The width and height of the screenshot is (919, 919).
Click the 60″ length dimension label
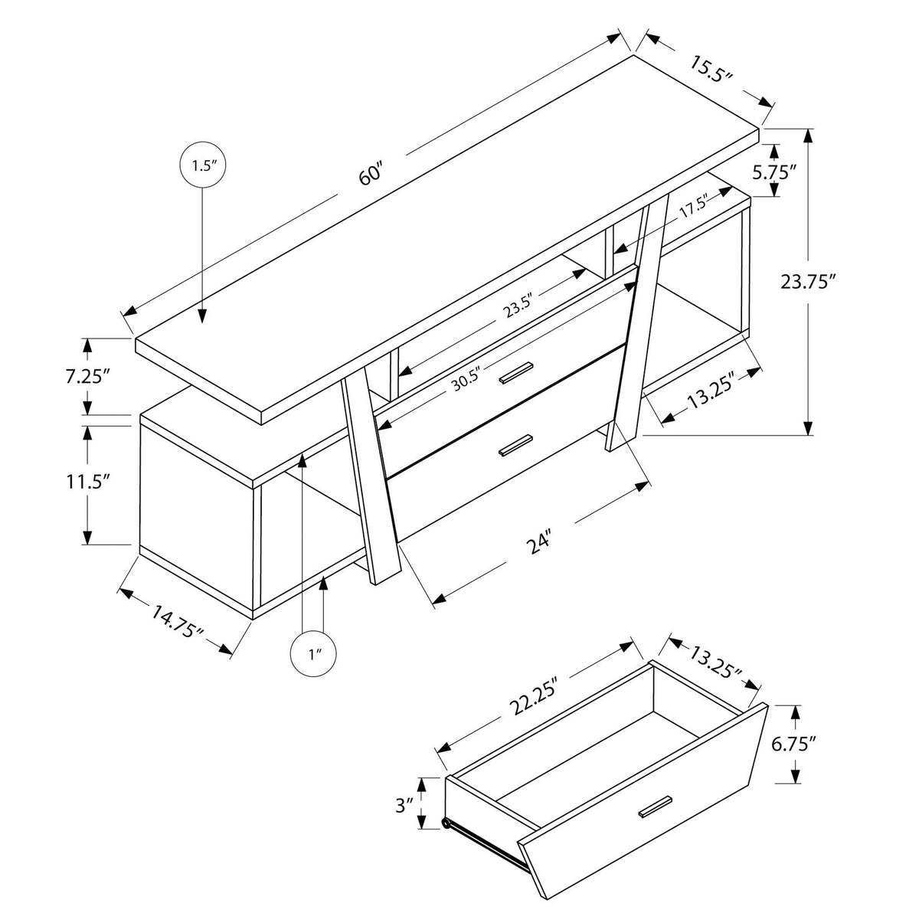point(371,175)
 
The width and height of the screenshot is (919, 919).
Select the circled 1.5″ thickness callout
point(202,165)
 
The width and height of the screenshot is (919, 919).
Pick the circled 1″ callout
point(313,655)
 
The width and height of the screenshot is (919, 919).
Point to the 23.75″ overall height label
point(809,281)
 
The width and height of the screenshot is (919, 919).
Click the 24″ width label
point(541,545)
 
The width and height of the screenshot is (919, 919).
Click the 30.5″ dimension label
point(466,378)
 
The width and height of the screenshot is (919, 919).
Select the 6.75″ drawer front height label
point(794,744)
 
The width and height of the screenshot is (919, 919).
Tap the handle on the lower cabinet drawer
point(515,445)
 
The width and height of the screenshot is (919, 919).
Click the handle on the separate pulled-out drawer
point(655,806)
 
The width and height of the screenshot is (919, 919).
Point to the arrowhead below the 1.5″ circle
point(202,316)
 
